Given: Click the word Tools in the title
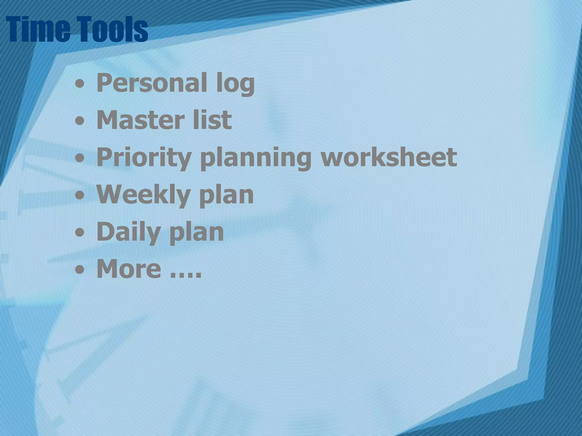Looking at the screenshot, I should [x=112, y=29].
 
